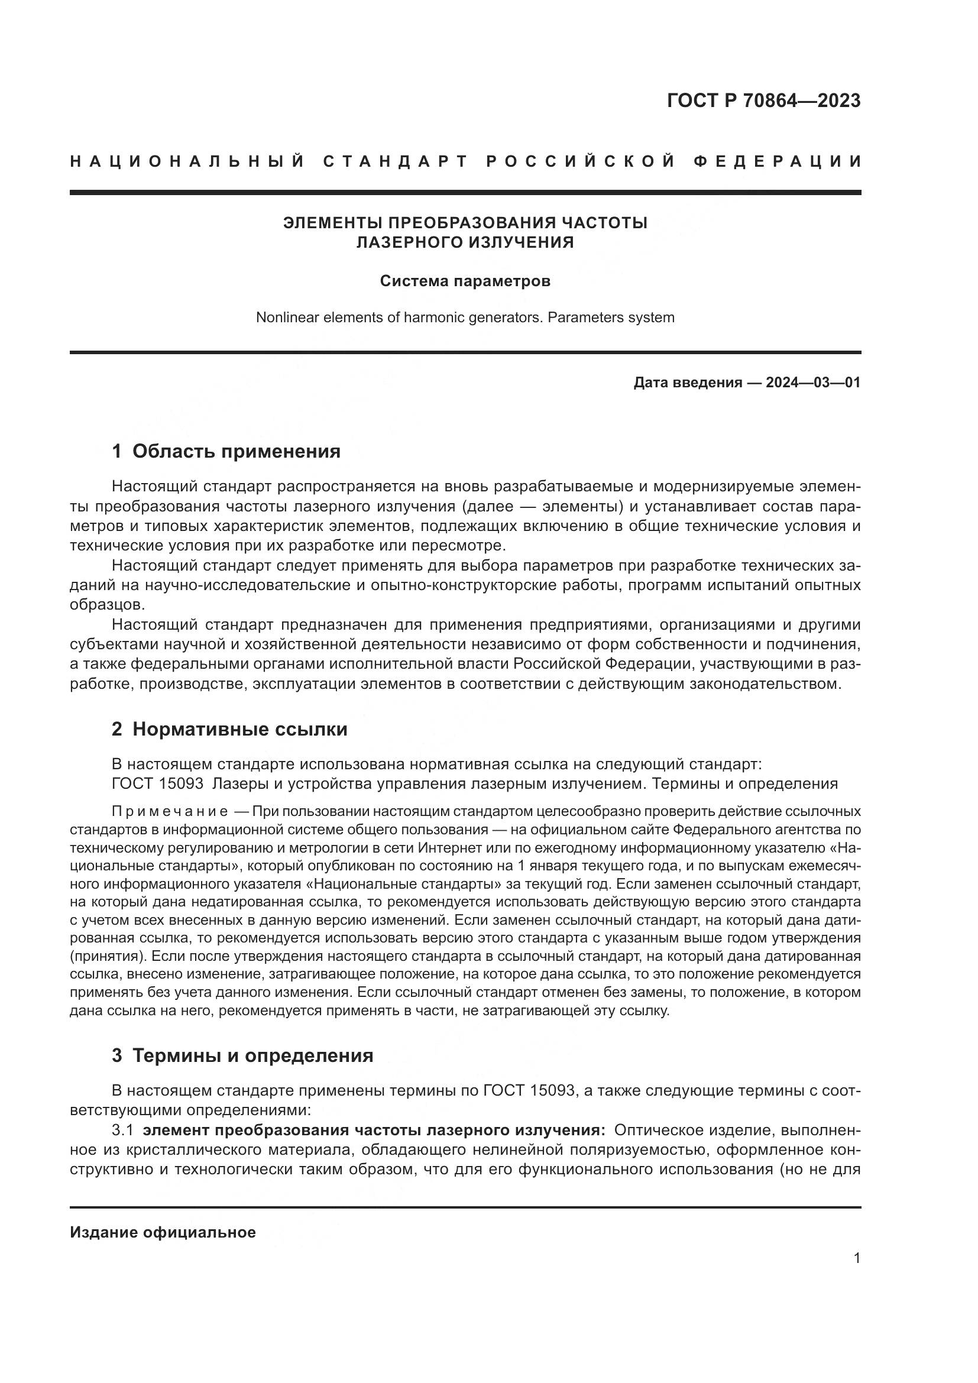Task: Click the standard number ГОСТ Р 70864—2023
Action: pyautogui.click(x=763, y=101)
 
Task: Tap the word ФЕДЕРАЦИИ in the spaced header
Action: pyautogui.click(x=778, y=161)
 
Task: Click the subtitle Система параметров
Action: pyautogui.click(x=465, y=281)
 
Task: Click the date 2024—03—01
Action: pyautogui.click(x=813, y=383)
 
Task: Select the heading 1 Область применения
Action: pyautogui.click(x=226, y=451)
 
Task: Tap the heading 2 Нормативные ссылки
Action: pyautogui.click(x=230, y=730)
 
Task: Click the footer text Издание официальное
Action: pyautogui.click(x=163, y=1232)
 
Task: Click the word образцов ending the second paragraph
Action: pyautogui.click(x=106, y=605)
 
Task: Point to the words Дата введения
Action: pyautogui.click(x=688, y=383)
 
